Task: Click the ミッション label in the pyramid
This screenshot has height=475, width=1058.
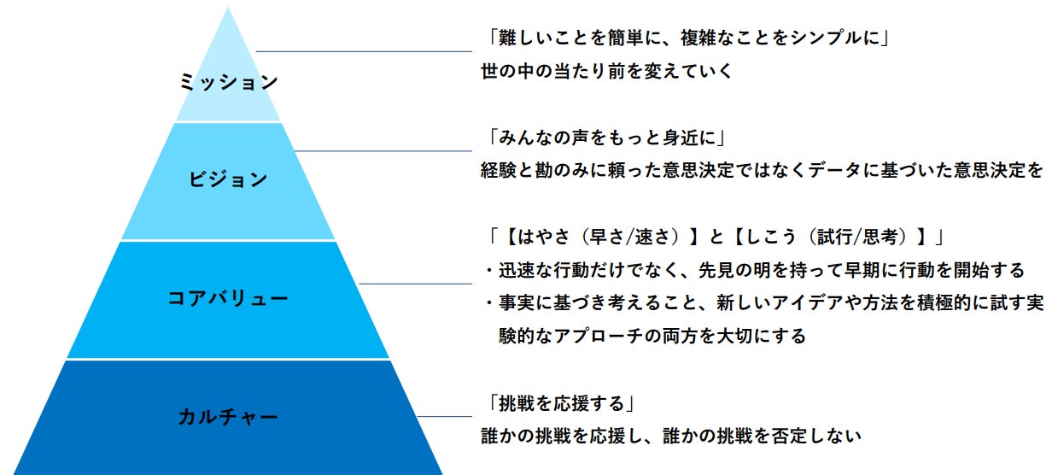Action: pos(228,82)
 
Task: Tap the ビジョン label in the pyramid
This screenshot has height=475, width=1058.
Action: pos(228,179)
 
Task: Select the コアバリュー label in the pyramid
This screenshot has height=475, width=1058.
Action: pos(228,298)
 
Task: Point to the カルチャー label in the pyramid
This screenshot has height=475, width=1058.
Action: pos(228,417)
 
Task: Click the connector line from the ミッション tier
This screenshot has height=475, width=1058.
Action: pos(363,51)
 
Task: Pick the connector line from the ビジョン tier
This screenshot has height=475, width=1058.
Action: pos(384,151)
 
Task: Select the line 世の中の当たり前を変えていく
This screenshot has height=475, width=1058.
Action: pos(607,71)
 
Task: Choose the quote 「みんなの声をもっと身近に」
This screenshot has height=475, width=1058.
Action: pos(603,137)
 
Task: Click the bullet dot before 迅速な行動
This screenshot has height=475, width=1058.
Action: pos(489,271)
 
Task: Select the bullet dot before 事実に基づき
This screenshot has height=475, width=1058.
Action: pos(489,303)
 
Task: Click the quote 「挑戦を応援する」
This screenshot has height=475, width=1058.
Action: pos(559,402)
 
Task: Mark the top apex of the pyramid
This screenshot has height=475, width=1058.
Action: pos(228,9)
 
